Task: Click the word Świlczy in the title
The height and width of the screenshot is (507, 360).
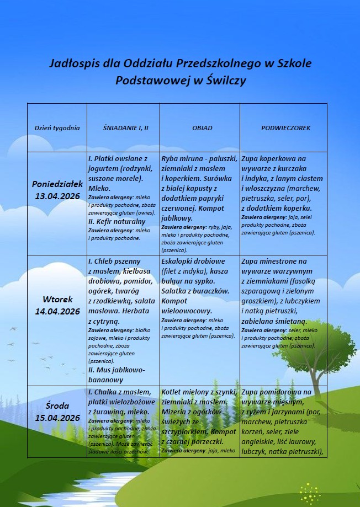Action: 226,81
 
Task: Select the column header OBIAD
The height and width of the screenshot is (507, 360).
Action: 202,128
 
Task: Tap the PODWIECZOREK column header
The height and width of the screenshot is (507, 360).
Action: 285,128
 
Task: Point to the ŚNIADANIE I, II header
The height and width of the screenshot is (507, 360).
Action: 126,128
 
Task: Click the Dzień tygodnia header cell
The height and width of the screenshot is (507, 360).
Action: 57,128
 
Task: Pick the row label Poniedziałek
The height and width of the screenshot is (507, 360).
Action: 57,184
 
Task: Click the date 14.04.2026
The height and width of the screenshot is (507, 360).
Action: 57,312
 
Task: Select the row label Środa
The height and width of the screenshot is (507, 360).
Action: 57,406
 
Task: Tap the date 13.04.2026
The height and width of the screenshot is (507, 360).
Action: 57,196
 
